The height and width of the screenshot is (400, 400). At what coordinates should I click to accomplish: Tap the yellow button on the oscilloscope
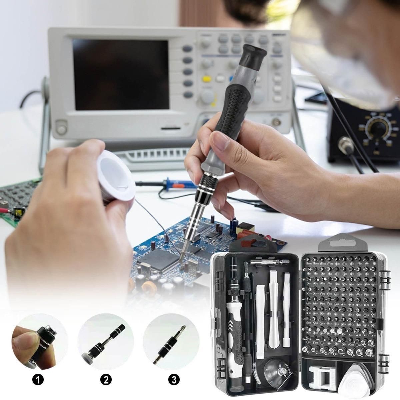click(x=206, y=79)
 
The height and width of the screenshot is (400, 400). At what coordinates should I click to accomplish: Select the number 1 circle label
click(x=39, y=379)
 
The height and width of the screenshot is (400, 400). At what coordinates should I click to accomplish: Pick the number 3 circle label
click(x=173, y=379)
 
